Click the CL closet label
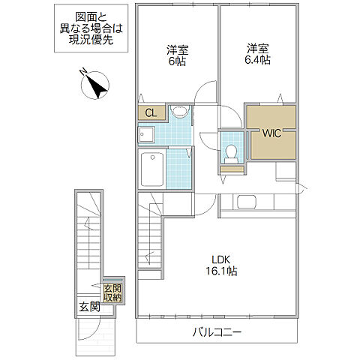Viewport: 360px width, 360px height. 151,113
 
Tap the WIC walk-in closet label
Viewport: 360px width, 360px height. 271,133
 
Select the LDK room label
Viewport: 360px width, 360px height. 220,259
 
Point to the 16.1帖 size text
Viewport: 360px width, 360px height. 221,271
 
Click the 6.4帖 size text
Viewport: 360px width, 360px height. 257,60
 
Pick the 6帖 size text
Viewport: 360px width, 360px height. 177,61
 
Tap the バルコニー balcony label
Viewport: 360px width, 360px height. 217,332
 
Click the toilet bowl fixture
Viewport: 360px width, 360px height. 231,154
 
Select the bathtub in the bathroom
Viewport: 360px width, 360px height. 152,169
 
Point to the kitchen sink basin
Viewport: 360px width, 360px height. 247,202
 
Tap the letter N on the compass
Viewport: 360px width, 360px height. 82,72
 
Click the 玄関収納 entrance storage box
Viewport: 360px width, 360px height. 112,293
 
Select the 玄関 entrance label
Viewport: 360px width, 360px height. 89,307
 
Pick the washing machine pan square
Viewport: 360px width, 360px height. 146,134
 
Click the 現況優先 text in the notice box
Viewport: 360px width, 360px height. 91,40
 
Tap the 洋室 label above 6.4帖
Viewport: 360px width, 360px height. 258,49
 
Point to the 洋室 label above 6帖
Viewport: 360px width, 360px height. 178,49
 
